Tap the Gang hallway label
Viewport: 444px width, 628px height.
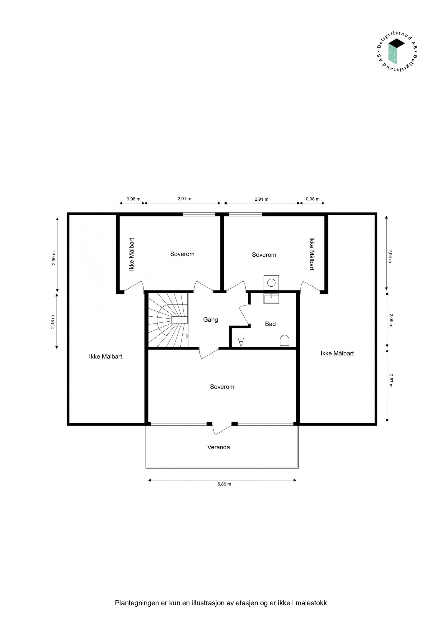210,320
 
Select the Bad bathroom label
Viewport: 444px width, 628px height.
270,324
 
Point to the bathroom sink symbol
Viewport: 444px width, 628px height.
271,299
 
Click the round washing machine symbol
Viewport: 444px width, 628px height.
271,283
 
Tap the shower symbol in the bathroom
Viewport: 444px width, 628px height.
241,342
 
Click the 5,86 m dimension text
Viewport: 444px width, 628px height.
224,484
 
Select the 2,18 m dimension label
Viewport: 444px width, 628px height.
53,322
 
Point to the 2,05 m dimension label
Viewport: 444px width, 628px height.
391,320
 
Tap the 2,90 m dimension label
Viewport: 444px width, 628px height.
54,258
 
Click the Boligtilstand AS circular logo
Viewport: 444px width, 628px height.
397,53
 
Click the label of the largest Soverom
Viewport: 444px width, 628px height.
222,387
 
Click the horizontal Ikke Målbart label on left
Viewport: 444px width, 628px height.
105,357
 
